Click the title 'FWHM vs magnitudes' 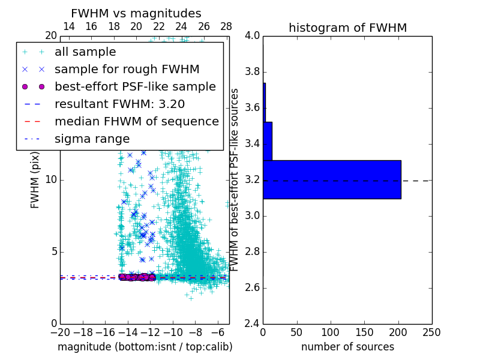pyautogui.click(x=136, y=13)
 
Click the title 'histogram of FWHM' pyautogui.click(x=347, y=28)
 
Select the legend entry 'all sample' pyautogui.click(x=85, y=52)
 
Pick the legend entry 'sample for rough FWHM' pyautogui.click(x=127, y=70)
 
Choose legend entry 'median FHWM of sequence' pyautogui.click(x=136, y=121)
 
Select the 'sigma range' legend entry pyautogui.click(x=92, y=139)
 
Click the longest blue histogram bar pyautogui.click(x=332, y=179)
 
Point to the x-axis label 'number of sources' pyautogui.click(x=347, y=347)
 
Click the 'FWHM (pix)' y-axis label pyautogui.click(x=35, y=179)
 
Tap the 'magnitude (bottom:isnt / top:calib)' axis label pyautogui.click(x=145, y=347)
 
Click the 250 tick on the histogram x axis pyautogui.click(x=431, y=332)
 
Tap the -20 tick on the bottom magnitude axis pyautogui.click(x=60, y=332)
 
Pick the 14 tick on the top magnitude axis pyautogui.click(x=69, y=26)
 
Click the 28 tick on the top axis pyautogui.click(x=226, y=26)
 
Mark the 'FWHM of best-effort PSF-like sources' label pyautogui.click(x=235, y=179)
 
